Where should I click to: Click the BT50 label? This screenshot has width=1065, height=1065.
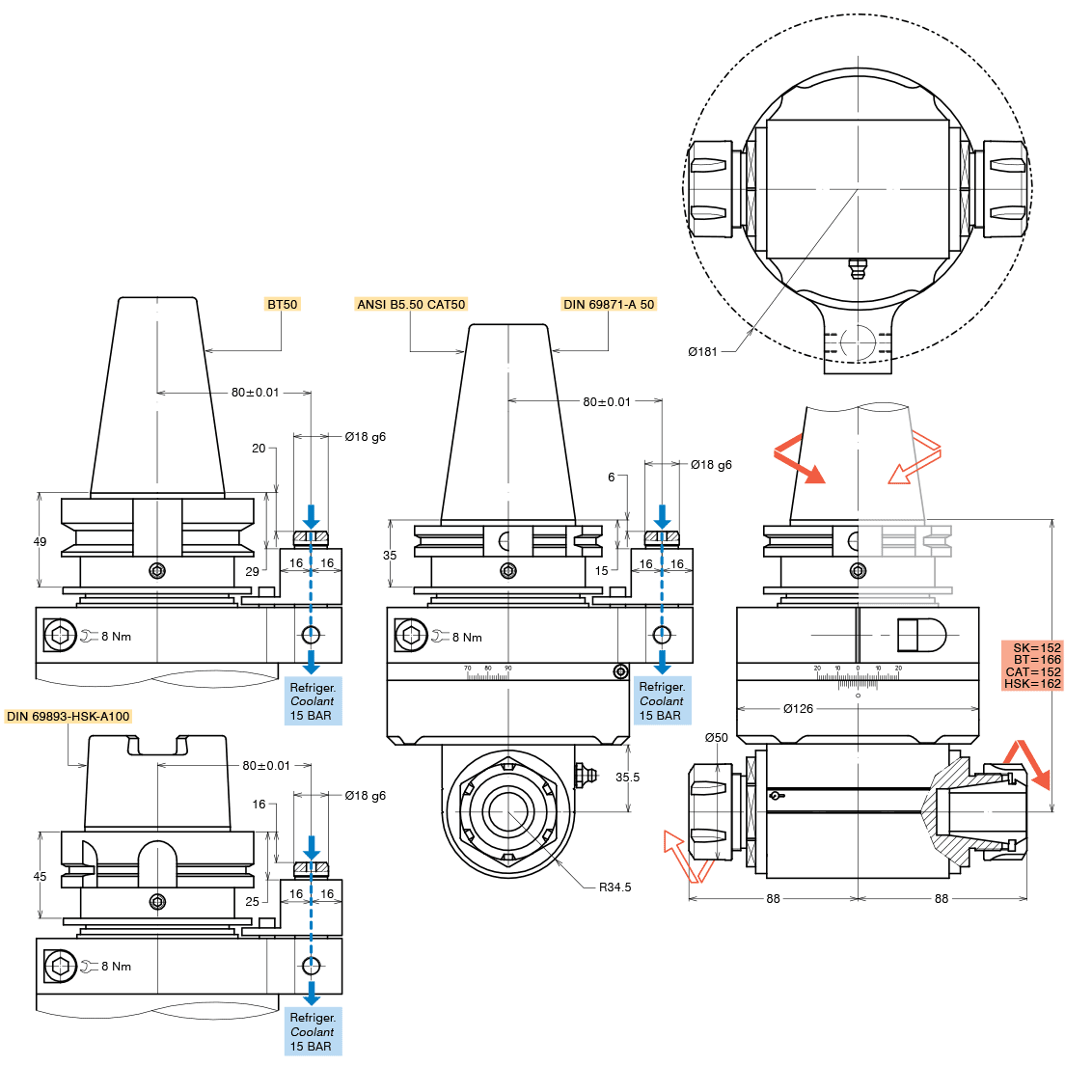pos(283,304)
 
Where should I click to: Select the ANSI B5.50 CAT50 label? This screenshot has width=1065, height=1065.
pos(411,304)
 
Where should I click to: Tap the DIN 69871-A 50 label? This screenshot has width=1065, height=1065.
pos(609,304)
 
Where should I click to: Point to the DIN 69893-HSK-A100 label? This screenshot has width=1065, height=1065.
pos(68,716)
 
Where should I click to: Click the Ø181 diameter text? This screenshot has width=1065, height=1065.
pos(702,351)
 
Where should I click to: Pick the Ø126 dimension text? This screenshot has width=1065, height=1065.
pos(798,708)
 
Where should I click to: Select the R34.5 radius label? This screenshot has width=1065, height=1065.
pos(614,887)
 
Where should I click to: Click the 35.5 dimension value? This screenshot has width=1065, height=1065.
pos(627,776)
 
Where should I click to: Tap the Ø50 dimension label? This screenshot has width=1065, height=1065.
pos(716,737)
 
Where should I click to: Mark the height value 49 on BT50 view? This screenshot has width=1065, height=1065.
pos(40,541)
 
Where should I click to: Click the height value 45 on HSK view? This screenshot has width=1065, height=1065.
pos(40,876)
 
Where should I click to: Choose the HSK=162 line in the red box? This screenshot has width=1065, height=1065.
pos(1032,684)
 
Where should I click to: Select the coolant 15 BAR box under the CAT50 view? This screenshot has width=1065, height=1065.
pos(662,701)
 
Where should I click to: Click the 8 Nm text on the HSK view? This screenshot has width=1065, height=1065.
pos(116,966)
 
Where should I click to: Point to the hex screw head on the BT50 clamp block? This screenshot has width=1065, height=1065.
pos(60,636)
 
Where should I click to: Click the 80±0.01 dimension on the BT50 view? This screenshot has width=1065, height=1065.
pos(255,393)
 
